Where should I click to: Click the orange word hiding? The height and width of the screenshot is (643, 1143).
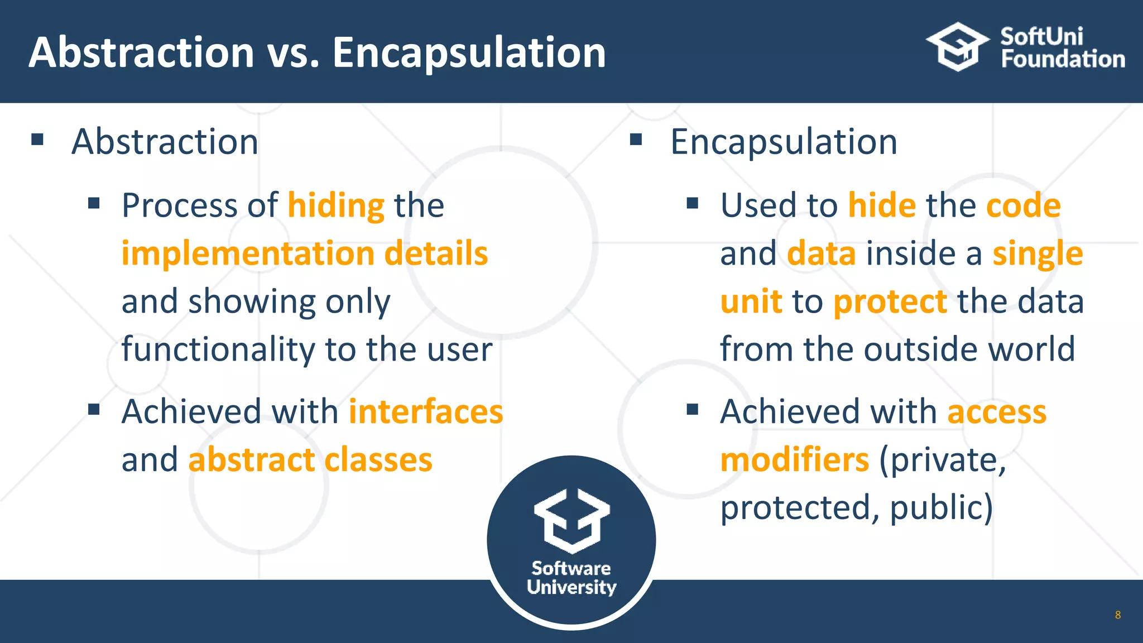point(336,206)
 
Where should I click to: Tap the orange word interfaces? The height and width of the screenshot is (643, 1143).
point(426,412)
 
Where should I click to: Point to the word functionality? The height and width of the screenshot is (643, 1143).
point(218,350)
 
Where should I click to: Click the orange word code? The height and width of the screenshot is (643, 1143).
point(1023,206)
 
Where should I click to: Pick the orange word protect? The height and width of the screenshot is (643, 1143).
point(890,302)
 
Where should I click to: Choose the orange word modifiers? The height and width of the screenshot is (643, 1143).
point(794,460)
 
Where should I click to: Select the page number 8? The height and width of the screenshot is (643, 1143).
point(1117,615)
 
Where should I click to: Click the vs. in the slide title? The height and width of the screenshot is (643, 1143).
point(294,53)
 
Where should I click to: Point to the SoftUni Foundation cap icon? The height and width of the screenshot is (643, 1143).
point(958,47)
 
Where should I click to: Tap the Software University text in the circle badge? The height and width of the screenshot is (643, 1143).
point(571,578)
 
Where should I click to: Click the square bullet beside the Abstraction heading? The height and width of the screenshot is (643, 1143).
point(37,139)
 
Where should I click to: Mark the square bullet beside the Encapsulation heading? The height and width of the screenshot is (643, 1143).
point(636,139)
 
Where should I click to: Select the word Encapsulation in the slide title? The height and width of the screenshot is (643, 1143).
point(469,53)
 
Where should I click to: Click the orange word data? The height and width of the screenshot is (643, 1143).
point(821,254)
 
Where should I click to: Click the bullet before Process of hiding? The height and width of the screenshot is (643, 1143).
point(94,203)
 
